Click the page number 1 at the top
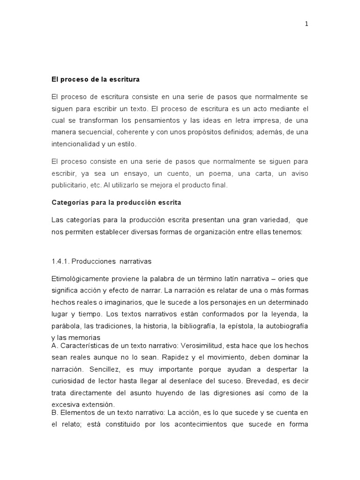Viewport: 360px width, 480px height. [x=307, y=25]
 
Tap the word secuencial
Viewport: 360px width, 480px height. [x=97, y=132]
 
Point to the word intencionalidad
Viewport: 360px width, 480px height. [x=75, y=144]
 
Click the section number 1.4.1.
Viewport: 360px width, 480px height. [x=60, y=261]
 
